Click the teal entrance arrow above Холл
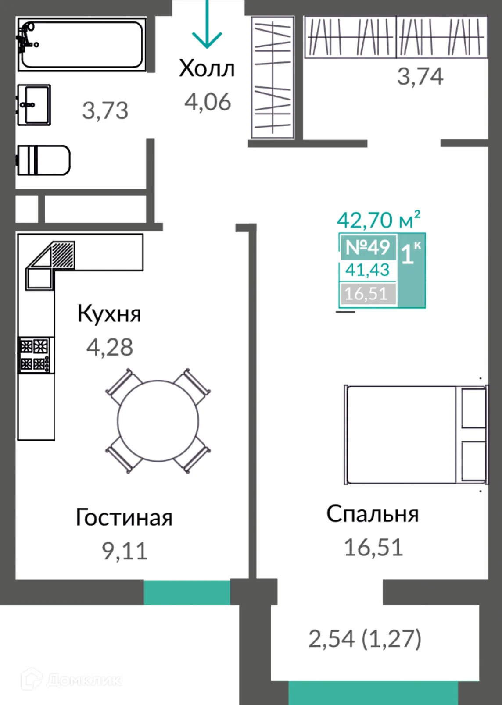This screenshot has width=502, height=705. click(207, 26)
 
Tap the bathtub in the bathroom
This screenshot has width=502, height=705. click(82, 44)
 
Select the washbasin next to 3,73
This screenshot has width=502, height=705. click(34, 105)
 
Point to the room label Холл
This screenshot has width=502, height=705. click(207, 69)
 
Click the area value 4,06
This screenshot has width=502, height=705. click(208, 102)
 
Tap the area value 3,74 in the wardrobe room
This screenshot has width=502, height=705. click(420, 77)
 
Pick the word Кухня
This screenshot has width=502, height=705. click(109, 314)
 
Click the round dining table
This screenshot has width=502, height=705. click(158, 420)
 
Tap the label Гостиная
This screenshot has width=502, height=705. click(124, 517)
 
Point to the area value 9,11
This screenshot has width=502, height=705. click(125, 551)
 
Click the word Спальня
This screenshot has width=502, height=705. click(373, 514)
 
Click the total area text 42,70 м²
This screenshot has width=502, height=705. click(378, 220)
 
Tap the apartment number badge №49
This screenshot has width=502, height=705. click(368, 247)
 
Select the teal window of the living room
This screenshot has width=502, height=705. click(187, 592)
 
